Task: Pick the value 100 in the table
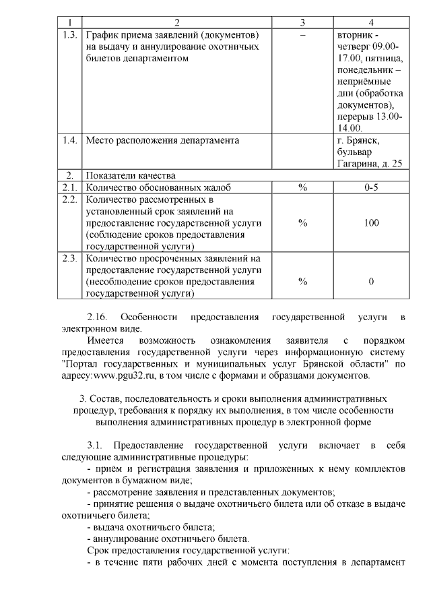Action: point(371,223)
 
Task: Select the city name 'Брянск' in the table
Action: point(364,140)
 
